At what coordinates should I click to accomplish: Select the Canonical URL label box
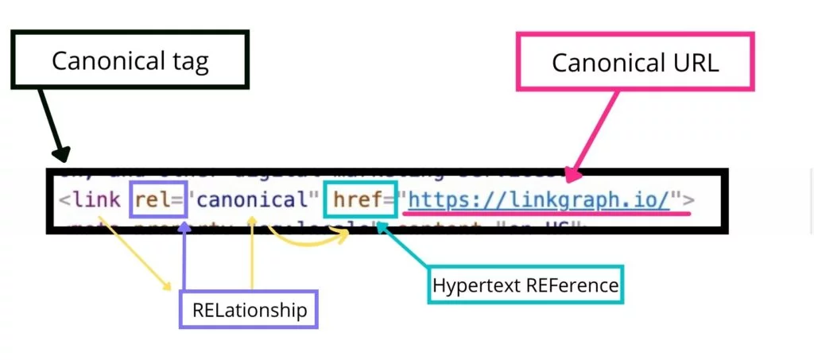point(635,62)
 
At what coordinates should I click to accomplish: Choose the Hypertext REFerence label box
point(525,285)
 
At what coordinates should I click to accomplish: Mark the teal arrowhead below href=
point(379,228)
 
